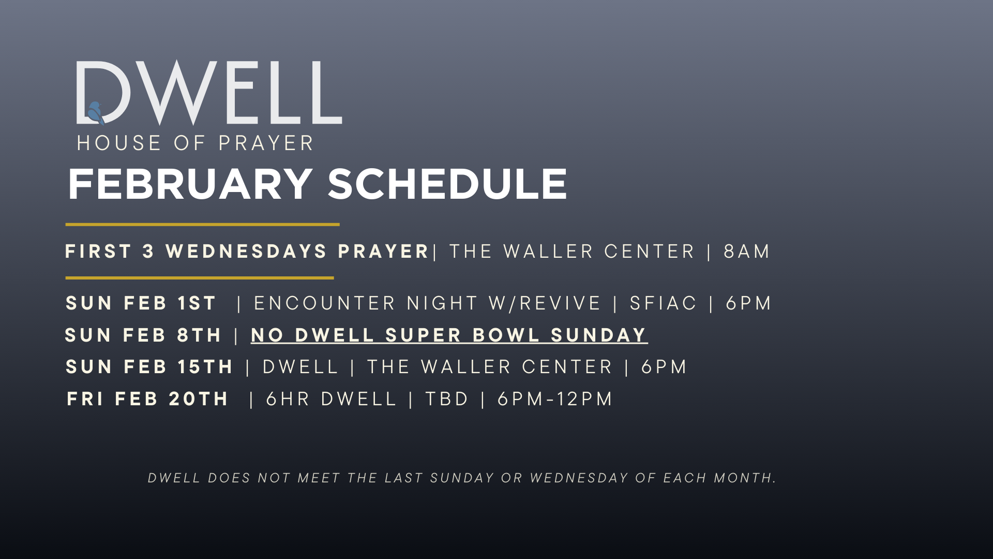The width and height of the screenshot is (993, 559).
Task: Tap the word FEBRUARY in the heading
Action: (190, 184)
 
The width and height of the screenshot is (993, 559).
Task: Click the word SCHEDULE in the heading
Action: (447, 184)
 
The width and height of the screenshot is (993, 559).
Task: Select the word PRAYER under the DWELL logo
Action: (266, 143)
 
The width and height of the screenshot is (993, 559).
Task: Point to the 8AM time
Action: (747, 252)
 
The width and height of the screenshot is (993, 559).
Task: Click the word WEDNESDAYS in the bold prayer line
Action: (246, 252)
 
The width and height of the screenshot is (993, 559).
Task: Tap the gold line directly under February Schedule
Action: (202, 225)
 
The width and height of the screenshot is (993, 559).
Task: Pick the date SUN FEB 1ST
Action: (141, 303)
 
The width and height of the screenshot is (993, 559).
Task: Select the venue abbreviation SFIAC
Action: (664, 303)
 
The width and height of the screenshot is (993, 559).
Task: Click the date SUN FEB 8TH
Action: (143, 335)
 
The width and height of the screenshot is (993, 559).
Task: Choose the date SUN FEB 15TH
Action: (149, 367)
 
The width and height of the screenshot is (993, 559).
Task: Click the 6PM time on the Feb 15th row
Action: (664, 367)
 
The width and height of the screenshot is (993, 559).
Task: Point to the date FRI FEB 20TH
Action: (147, 399)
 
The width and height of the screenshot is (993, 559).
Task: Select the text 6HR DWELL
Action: (331, 399)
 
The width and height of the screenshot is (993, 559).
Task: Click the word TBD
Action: (447, 399)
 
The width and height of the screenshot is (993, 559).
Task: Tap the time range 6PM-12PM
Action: (555, 399)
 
